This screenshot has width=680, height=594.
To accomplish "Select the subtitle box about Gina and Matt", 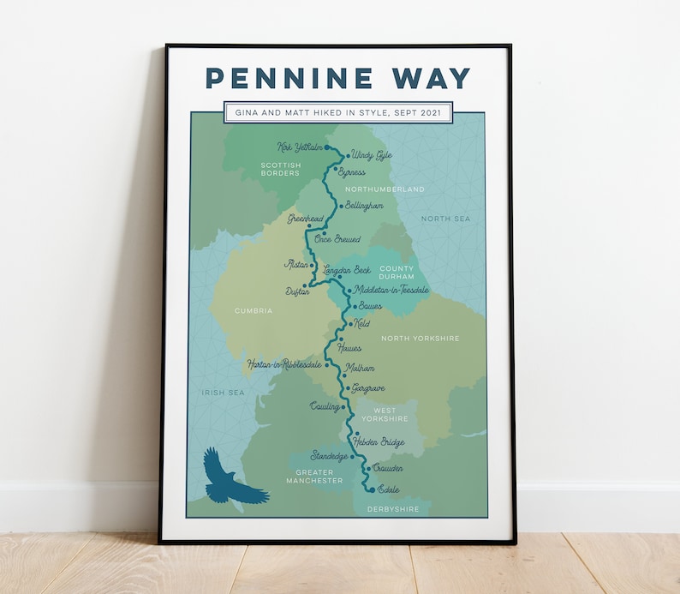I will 337,112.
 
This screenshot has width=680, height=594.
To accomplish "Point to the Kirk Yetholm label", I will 300,147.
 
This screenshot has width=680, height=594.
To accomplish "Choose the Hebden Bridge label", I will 379,441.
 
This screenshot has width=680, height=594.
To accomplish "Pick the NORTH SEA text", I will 445,219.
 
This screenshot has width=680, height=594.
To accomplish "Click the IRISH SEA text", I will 223,393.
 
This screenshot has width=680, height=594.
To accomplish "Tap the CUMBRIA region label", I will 254,311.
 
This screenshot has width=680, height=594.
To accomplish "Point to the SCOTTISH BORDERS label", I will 280,169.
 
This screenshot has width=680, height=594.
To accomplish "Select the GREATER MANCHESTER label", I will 319,477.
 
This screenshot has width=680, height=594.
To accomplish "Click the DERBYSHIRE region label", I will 393,509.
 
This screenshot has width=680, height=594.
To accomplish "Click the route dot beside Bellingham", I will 341,206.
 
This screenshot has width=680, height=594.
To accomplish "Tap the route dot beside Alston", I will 312,266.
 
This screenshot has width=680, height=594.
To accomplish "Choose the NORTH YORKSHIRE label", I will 420,339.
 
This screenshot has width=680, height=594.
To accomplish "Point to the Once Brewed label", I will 337,239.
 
